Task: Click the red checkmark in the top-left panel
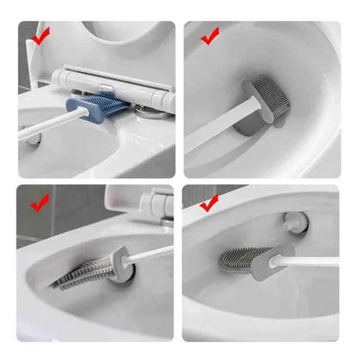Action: coord(39,36)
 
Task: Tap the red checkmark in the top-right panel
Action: coord(209,36)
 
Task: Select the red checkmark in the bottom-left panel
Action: coord(39,204)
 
